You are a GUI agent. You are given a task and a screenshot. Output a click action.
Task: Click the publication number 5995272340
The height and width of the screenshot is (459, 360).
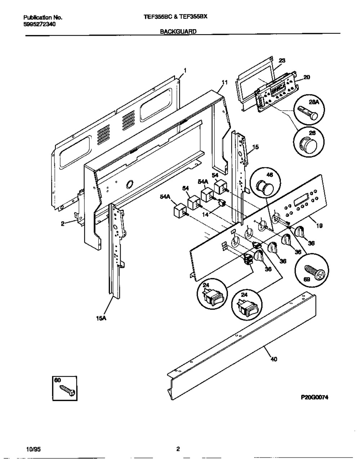pyautogui.click(x=40, y=24)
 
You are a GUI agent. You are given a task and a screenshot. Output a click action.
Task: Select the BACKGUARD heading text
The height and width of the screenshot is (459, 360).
pyautogui.click(x=178, y=32)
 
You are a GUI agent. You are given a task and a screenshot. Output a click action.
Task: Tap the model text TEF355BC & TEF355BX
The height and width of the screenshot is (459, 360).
pyautogui.click(x=176, y=17)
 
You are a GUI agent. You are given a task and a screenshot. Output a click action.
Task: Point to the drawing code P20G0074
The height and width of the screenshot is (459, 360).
pyautogui.click(x=314, y=397)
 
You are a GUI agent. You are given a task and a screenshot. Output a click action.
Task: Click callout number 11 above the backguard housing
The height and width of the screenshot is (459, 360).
pyautogui.click(x=225, y=83)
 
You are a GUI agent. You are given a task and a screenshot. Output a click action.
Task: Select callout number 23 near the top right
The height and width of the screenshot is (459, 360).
pyautogui.click(x=282, y=61)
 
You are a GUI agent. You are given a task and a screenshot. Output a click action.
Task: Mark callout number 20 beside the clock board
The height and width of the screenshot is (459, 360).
pyautogui.click(x=307, y=77)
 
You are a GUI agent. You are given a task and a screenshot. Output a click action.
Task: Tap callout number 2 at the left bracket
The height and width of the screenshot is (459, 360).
pyautogui.click(x=63, y=224)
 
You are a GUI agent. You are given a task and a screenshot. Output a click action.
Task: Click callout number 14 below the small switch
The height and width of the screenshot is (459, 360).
pyautogui.click(x=205, y=214)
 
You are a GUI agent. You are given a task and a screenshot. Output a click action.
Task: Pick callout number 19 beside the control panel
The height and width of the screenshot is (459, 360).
pyautogui.click(x=319, y=226)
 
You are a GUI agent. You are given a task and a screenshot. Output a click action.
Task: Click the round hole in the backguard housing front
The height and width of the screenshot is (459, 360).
pyautogui.click(x=129, y=184)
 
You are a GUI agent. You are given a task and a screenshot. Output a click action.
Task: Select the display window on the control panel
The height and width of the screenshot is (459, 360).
pyautogui.click(x=300, y=200)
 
